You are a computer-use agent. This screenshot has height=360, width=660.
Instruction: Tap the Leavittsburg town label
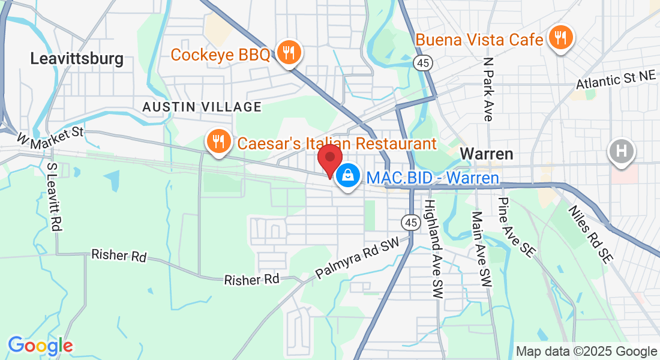tap(77, 59)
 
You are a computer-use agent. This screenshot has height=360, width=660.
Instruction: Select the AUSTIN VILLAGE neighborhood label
tap(202, 107)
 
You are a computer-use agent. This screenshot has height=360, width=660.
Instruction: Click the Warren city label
tap(487, 154)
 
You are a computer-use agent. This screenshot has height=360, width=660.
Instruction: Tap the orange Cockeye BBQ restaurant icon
tap(289, 53)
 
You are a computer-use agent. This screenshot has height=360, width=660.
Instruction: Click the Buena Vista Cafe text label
tap(479, 40)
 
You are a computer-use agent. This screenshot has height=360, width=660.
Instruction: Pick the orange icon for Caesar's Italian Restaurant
tap(216, 142)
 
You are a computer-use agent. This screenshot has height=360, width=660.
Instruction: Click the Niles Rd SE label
tap(590, 234)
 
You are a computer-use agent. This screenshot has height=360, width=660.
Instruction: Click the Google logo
tap(40, 346)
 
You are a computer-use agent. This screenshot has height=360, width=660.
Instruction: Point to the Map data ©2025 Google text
tap(586, 352)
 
